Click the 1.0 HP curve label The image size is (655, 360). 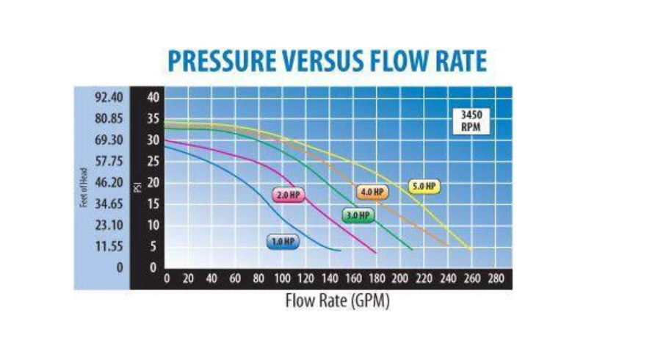click(282, 241)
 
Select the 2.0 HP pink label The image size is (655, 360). click(287, 195)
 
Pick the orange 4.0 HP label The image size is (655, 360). click(372, 192)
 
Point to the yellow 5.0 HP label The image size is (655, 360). click(424, 187)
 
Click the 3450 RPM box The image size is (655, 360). click(470, 120)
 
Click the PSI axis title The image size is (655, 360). click(137, 187)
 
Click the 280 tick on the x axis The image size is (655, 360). click(496, 278)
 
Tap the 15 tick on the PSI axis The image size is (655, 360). click(153, 204)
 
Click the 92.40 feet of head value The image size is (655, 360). click(108, 97)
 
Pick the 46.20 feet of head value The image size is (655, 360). click(108, 182)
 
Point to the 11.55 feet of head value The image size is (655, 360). click(108, 246)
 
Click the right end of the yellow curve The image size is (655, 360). click(471, 250)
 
